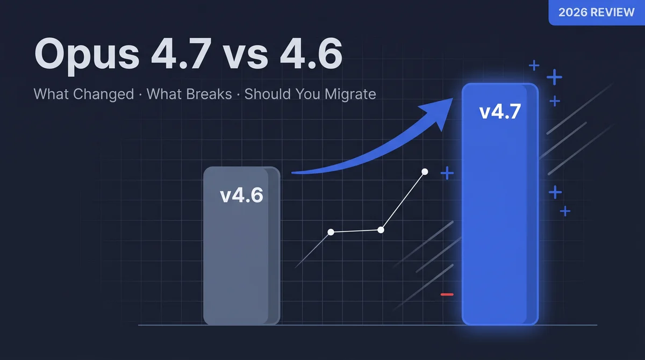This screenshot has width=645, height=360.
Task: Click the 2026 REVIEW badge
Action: tap(597, 12)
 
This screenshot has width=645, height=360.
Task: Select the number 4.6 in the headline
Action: tap(311, 53)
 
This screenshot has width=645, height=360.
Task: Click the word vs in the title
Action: tap(246, 57)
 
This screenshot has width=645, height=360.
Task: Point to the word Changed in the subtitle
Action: tap(103, 94)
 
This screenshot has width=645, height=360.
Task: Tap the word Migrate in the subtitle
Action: tap(350, 94)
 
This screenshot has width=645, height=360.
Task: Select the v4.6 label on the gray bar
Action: tap(241, 195)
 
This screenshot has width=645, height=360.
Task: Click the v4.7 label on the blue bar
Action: tap(500, 112)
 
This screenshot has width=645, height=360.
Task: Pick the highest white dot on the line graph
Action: tap(425, 172)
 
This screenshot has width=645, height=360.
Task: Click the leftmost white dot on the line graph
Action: tap(331, 232)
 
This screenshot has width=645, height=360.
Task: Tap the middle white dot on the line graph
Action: tap(381, 230)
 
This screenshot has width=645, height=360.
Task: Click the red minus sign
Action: tap(447, 294)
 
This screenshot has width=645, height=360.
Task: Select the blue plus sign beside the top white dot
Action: tap(447, 173)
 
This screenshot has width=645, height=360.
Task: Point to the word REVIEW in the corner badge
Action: tap(612, 12)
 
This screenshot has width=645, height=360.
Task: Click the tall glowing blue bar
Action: tap(500, 204)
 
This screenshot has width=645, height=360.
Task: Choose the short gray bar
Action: tap(241, 246)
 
